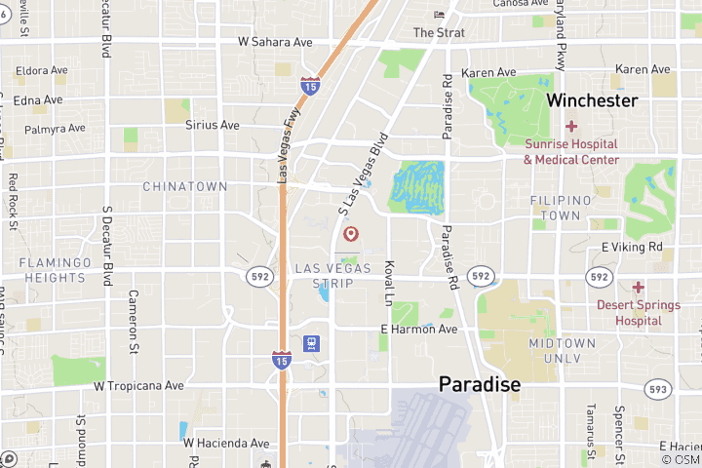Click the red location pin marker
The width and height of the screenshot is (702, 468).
coord(351,234)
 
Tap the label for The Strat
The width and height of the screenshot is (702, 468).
coord(439,32)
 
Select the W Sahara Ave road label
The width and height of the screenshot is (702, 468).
coord(275,43)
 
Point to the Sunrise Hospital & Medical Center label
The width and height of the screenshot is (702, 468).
coord(570,152)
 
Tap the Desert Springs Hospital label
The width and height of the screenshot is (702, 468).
coord(639,313)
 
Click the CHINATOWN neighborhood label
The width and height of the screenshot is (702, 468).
coord(184,186)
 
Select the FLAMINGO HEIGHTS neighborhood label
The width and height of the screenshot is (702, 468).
coord(55,270)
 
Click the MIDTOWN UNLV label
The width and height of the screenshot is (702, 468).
coord(562,351)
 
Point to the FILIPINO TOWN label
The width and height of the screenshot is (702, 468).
coord(561,208)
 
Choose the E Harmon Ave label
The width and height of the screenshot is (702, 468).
coord(418,330)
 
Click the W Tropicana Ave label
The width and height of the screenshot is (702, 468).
coord(138,386)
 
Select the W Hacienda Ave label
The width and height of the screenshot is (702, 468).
coord(226,443)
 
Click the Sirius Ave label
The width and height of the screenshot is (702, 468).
coord(213,125)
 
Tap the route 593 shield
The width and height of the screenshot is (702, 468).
coord(659,389)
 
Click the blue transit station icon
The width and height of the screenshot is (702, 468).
coord(312,343)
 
